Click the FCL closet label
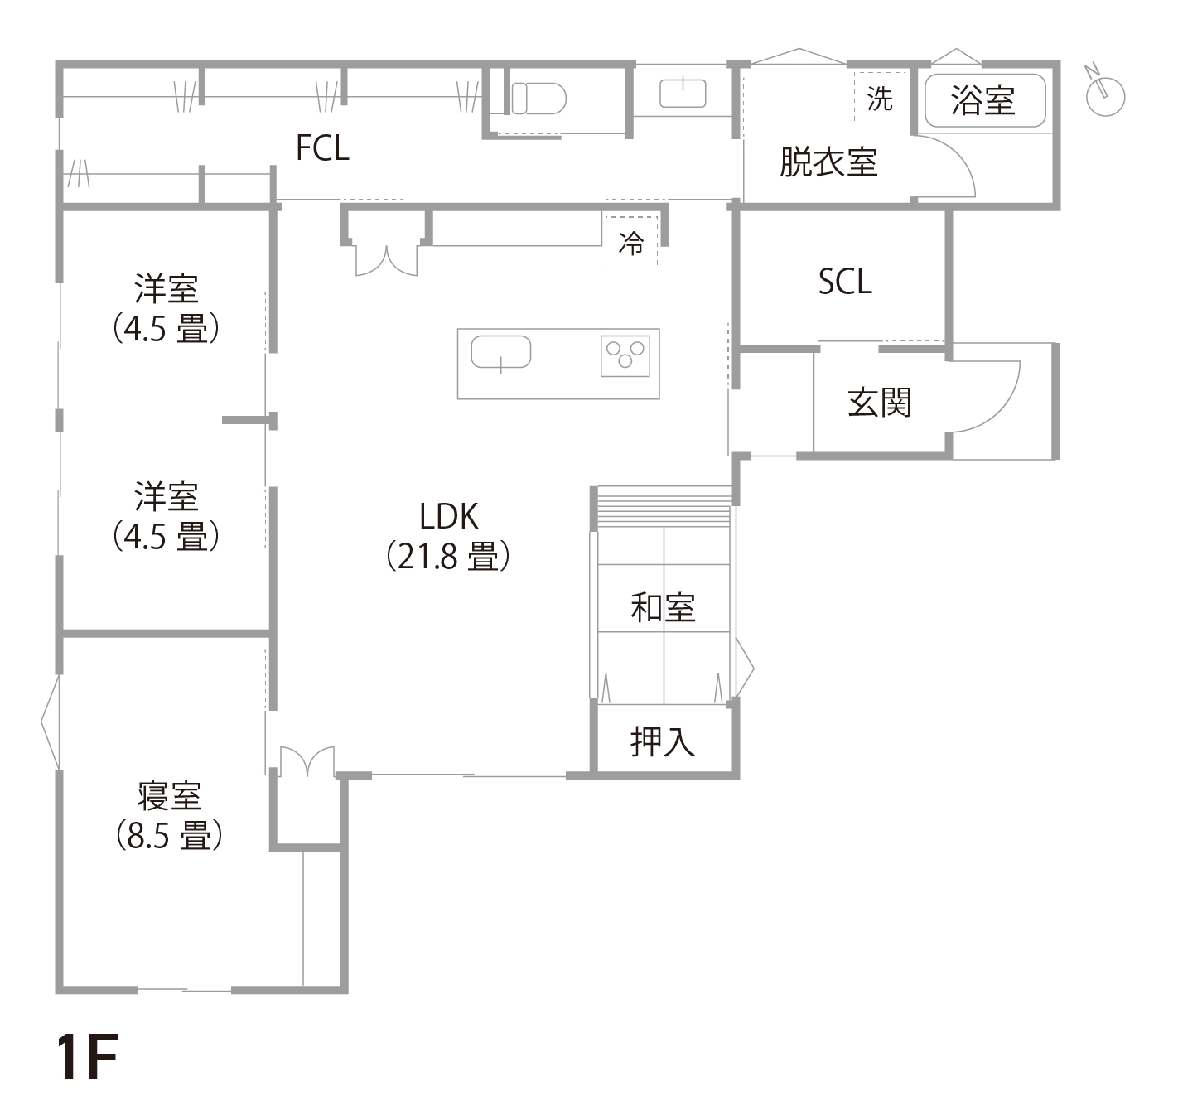[x=322, y=148]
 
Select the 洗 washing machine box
[x=880, y=99]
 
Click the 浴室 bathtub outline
[x=984, y=100]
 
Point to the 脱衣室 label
[x=828, y=162]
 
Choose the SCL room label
[x=845, y=282]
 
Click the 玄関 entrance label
[x=879, y=403]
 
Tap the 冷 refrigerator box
[x=631, y=243]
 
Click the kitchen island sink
[x=500, y=353]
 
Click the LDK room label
[x=448, y=517]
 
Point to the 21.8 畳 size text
[x=448, y=557]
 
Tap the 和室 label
[x=663, y=608]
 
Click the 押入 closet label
[x=663, y=741]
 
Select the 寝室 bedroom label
[x=169, y=796]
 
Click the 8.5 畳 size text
[x=169, y=835]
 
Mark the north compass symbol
[x=1104, y=93]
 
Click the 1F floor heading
[x=87, y=1058]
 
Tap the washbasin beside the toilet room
[x=683, y=93]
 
